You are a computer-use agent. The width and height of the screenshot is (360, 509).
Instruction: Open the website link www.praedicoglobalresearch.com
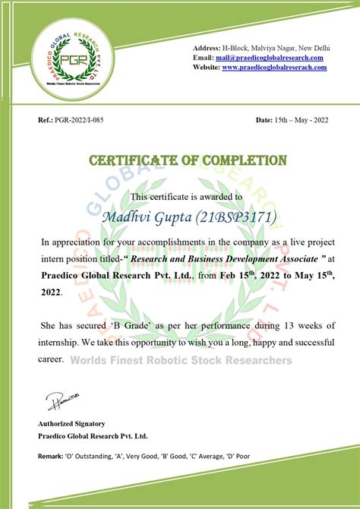pos(274,68)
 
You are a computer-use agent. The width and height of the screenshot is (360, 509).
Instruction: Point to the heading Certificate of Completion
pos(188,160)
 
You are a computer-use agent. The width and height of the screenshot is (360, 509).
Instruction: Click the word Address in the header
pos(209,48)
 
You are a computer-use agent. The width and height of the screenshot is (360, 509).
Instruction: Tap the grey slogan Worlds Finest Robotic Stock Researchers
pos(181,359)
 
